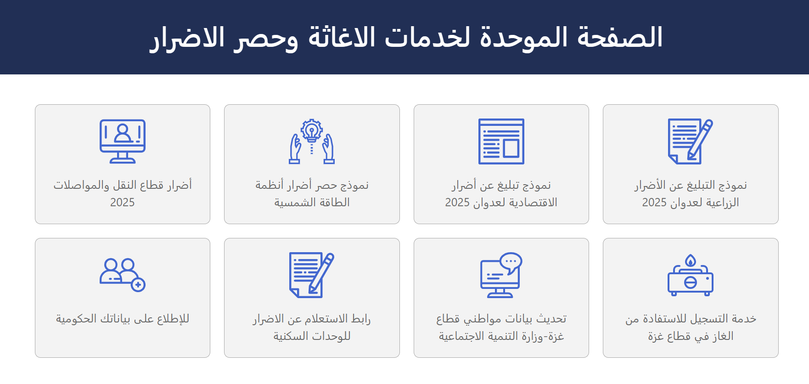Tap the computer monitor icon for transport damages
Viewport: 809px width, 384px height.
pos(123,141)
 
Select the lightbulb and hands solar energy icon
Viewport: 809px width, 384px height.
pos(312,141)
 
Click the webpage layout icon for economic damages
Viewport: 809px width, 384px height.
pos(501,141)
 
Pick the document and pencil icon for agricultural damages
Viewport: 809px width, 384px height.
pos(691,141)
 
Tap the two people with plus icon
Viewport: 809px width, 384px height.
pos(123,275)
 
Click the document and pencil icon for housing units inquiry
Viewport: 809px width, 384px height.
pos(312,275)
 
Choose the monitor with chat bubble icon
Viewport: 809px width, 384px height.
pos(501,275)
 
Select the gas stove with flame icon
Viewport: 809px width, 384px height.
pos(691,275)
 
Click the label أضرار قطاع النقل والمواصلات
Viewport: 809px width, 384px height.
pos(123,185)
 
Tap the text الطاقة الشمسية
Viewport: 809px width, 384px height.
pos(312,203)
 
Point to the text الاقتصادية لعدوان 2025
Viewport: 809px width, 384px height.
pos(501,203)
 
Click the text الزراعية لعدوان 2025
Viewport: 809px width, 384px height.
pos(691,203)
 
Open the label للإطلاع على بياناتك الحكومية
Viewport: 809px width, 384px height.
pos(123,319)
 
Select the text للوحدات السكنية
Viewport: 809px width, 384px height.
pos(312,336)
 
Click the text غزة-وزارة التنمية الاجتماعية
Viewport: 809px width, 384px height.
pos(501,336)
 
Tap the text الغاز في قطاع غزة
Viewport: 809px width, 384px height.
pos(691,336)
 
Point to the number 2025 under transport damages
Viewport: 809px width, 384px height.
pos(123,203)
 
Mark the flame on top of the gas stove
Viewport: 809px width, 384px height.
pos(691,260)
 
